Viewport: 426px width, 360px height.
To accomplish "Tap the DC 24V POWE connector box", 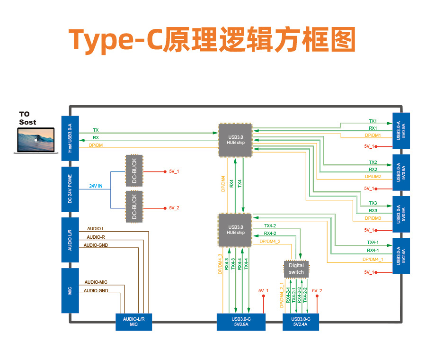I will click(70, 189).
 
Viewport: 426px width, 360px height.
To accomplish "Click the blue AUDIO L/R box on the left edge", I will click(70, 240).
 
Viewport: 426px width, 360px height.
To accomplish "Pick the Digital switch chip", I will click(296, 269).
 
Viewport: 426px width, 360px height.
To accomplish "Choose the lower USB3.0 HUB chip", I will click(235, 230).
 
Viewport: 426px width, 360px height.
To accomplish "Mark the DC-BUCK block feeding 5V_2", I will click(134, 207).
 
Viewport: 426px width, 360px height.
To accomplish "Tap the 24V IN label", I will click(96, 186).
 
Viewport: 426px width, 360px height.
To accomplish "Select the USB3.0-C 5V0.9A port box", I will click(241, 322).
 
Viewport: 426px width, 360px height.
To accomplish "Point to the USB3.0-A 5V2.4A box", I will click(401, 256).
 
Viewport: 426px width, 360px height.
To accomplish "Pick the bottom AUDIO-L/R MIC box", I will click(137, 322).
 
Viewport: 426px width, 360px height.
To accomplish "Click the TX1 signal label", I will click(373, 121).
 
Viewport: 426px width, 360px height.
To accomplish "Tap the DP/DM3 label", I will click(373, 218).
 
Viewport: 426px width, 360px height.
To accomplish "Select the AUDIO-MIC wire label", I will click(96, 282).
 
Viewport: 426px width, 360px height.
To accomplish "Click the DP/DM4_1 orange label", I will click(373, 260).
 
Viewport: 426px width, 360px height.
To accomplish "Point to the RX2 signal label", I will click(373, 170).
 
